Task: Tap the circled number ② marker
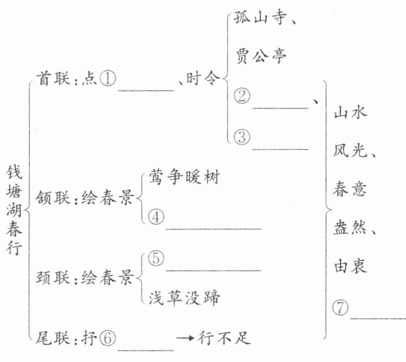(242, 97)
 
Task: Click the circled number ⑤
(155, 259)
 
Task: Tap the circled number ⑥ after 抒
(108, 338)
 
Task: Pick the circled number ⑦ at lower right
(340, 308)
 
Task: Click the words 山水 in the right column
(350, 114)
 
